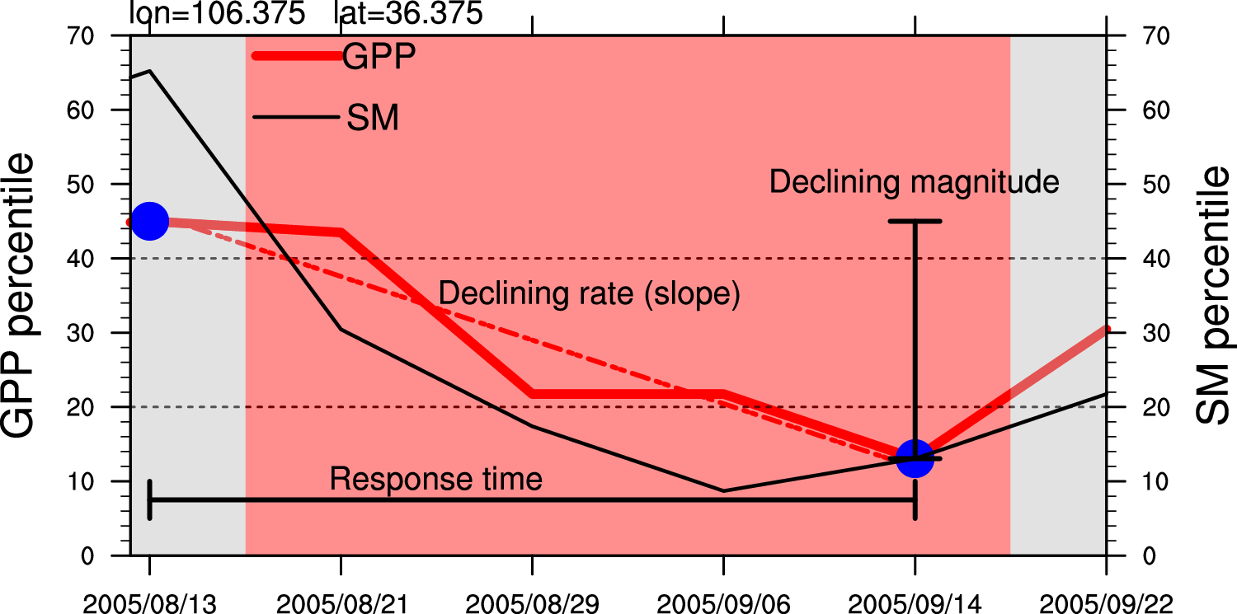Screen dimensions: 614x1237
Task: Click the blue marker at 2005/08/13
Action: (x=149, y=221)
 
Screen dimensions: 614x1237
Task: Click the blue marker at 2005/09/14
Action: (x=915, y=457)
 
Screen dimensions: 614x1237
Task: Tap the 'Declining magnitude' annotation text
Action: (x=914, y=182)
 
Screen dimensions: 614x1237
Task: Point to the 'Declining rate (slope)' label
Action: (x=589, y=293)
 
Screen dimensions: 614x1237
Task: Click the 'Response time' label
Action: (x=436, y=479)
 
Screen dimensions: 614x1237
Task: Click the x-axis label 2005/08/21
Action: (x=341, y=604)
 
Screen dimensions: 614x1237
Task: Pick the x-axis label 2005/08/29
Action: (x=532, y=604)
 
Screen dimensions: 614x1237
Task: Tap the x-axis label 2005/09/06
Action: (x=723, y=604)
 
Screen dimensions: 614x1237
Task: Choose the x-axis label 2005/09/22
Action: (x=1105, y=604)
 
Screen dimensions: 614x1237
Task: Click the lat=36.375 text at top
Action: (x=407, y=13)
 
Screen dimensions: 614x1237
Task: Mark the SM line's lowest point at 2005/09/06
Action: (x=723, y=491)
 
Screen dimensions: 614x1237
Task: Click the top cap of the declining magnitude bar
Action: (x=915, y=221)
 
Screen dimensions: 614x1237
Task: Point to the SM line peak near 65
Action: (x=149, y=71)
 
